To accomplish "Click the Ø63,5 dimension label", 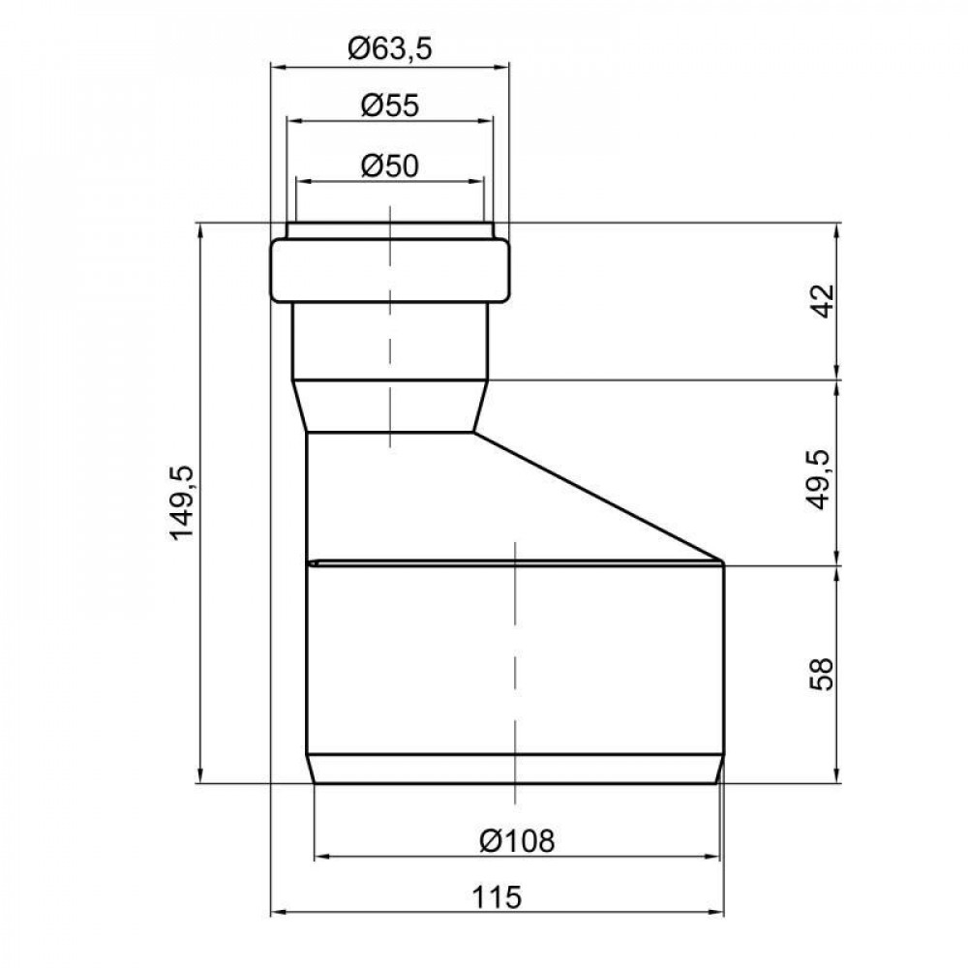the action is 389,48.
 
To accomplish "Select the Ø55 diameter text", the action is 389,106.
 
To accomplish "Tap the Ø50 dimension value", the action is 389,166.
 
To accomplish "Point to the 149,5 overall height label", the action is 183,503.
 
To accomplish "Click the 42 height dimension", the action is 824,301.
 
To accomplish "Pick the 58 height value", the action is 822,674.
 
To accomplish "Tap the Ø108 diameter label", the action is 517,840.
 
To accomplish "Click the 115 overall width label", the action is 497,896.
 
